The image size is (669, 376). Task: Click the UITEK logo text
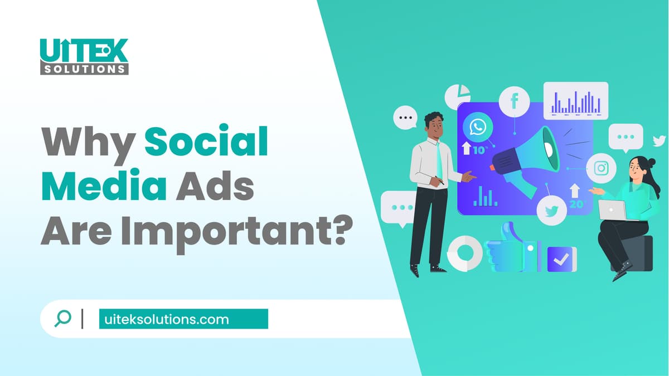pos(84,51)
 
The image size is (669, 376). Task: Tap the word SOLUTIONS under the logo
pos(84,69)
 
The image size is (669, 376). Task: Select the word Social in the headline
pos(206,143)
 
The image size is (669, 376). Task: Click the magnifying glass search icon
pos(62,319)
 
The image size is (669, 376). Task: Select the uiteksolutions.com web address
pos(167,320)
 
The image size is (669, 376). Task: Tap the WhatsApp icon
pos(478,126)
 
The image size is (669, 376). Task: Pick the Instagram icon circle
pos(601,168)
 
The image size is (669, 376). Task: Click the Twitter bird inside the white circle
pos(551,211)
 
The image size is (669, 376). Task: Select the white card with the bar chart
pos(576,101)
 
